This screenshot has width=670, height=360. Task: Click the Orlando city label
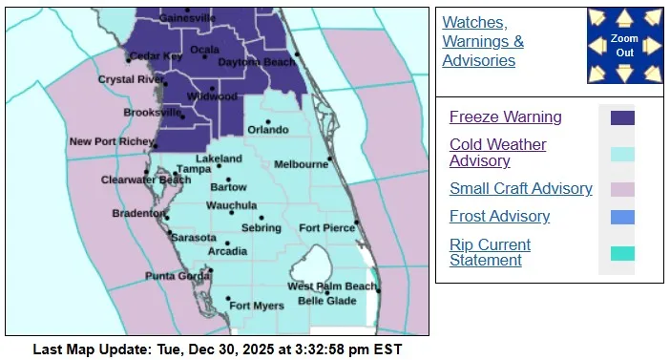tap(268, 130)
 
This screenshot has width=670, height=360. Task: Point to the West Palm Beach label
tap(332, 286)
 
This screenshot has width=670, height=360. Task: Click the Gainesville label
tap(187, 18)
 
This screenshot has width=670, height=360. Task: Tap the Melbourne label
tap(301, 164)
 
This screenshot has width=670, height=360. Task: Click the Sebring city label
tap(261, 228)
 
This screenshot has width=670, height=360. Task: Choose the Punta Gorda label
tap(174, 276)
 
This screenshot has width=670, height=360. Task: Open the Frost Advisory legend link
tap(499, 216)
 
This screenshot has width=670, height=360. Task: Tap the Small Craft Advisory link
tap(520, 188)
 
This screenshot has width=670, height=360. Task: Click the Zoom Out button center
tap(624, 46)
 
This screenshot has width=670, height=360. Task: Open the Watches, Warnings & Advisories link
tap(483, 41)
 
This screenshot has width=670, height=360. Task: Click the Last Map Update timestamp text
tap(218, 349)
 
